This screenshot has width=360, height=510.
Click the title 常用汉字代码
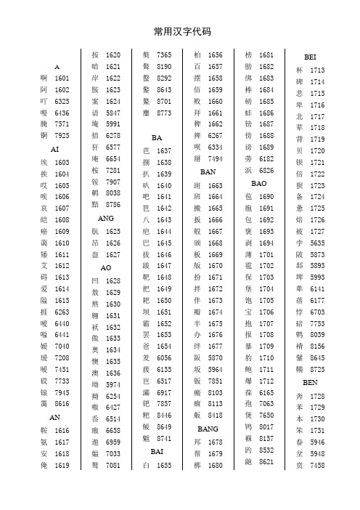point(179,31)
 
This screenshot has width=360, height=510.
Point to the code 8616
point(62,403)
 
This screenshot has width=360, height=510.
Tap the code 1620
point(113,55)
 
